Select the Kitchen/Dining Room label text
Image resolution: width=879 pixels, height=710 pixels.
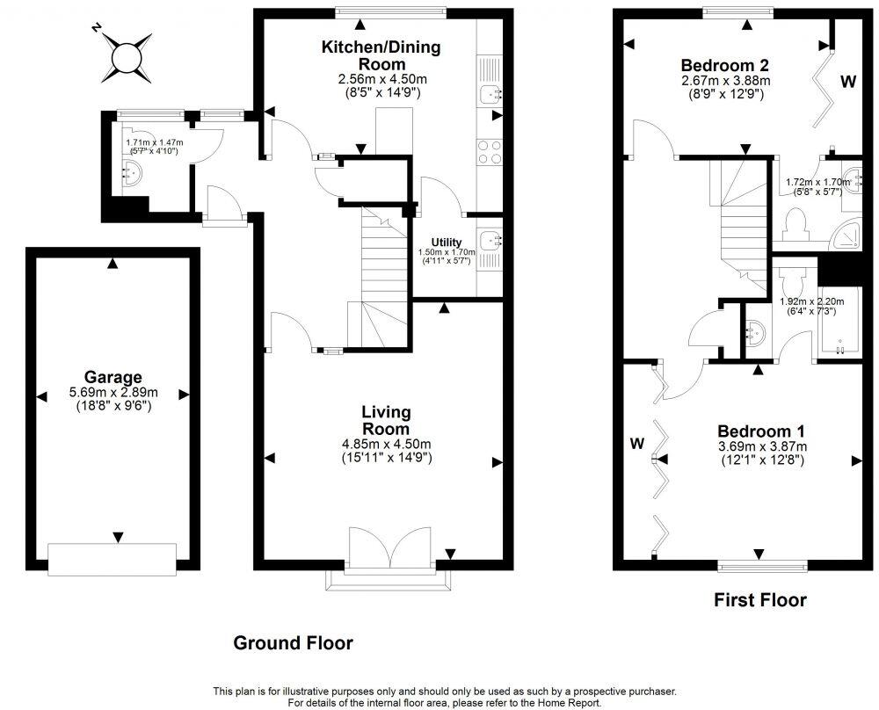(381, 55)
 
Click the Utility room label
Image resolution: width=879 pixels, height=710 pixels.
(447, 243)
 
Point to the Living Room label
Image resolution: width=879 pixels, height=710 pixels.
(386, 420)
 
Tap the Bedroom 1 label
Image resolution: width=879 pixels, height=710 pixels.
(761, 431)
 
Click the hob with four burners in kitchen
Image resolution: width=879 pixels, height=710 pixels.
(490, 153)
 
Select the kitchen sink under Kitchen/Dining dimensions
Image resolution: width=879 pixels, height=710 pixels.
(490, 93)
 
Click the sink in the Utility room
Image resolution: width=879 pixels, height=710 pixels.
(490, 237)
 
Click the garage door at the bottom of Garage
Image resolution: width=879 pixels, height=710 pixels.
(112, 559)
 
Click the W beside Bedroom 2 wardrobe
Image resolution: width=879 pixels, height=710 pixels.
(847, 83)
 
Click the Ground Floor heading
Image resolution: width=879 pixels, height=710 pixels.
(293, 643)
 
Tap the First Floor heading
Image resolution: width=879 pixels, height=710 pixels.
(759, 601)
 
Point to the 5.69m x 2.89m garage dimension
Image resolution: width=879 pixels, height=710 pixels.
(108, 393)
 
